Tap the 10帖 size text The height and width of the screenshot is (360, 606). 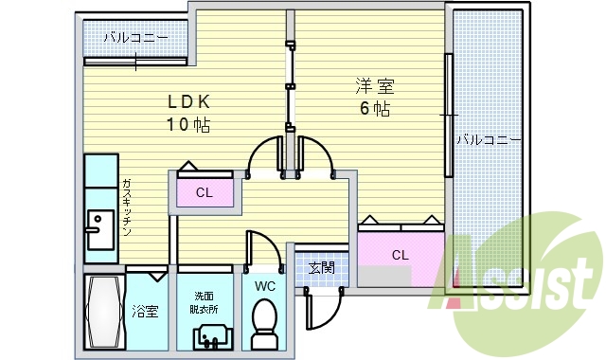[x=188, y=125]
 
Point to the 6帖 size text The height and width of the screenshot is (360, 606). [x=374, y=108]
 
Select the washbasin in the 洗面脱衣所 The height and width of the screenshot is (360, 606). [x=211, y=335]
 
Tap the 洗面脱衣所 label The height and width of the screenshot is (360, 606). [x=205, y=301]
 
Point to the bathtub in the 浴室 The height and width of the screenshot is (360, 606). [x=102, y=312]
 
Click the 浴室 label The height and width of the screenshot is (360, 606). [x=145, y=310]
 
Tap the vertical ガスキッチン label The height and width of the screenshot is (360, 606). [x=126, y=207]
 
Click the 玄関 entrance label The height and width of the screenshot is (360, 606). [x=321, y=268]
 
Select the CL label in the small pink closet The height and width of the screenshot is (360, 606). [x=204, y=193]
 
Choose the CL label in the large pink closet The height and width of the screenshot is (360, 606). [x=400, y=254]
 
